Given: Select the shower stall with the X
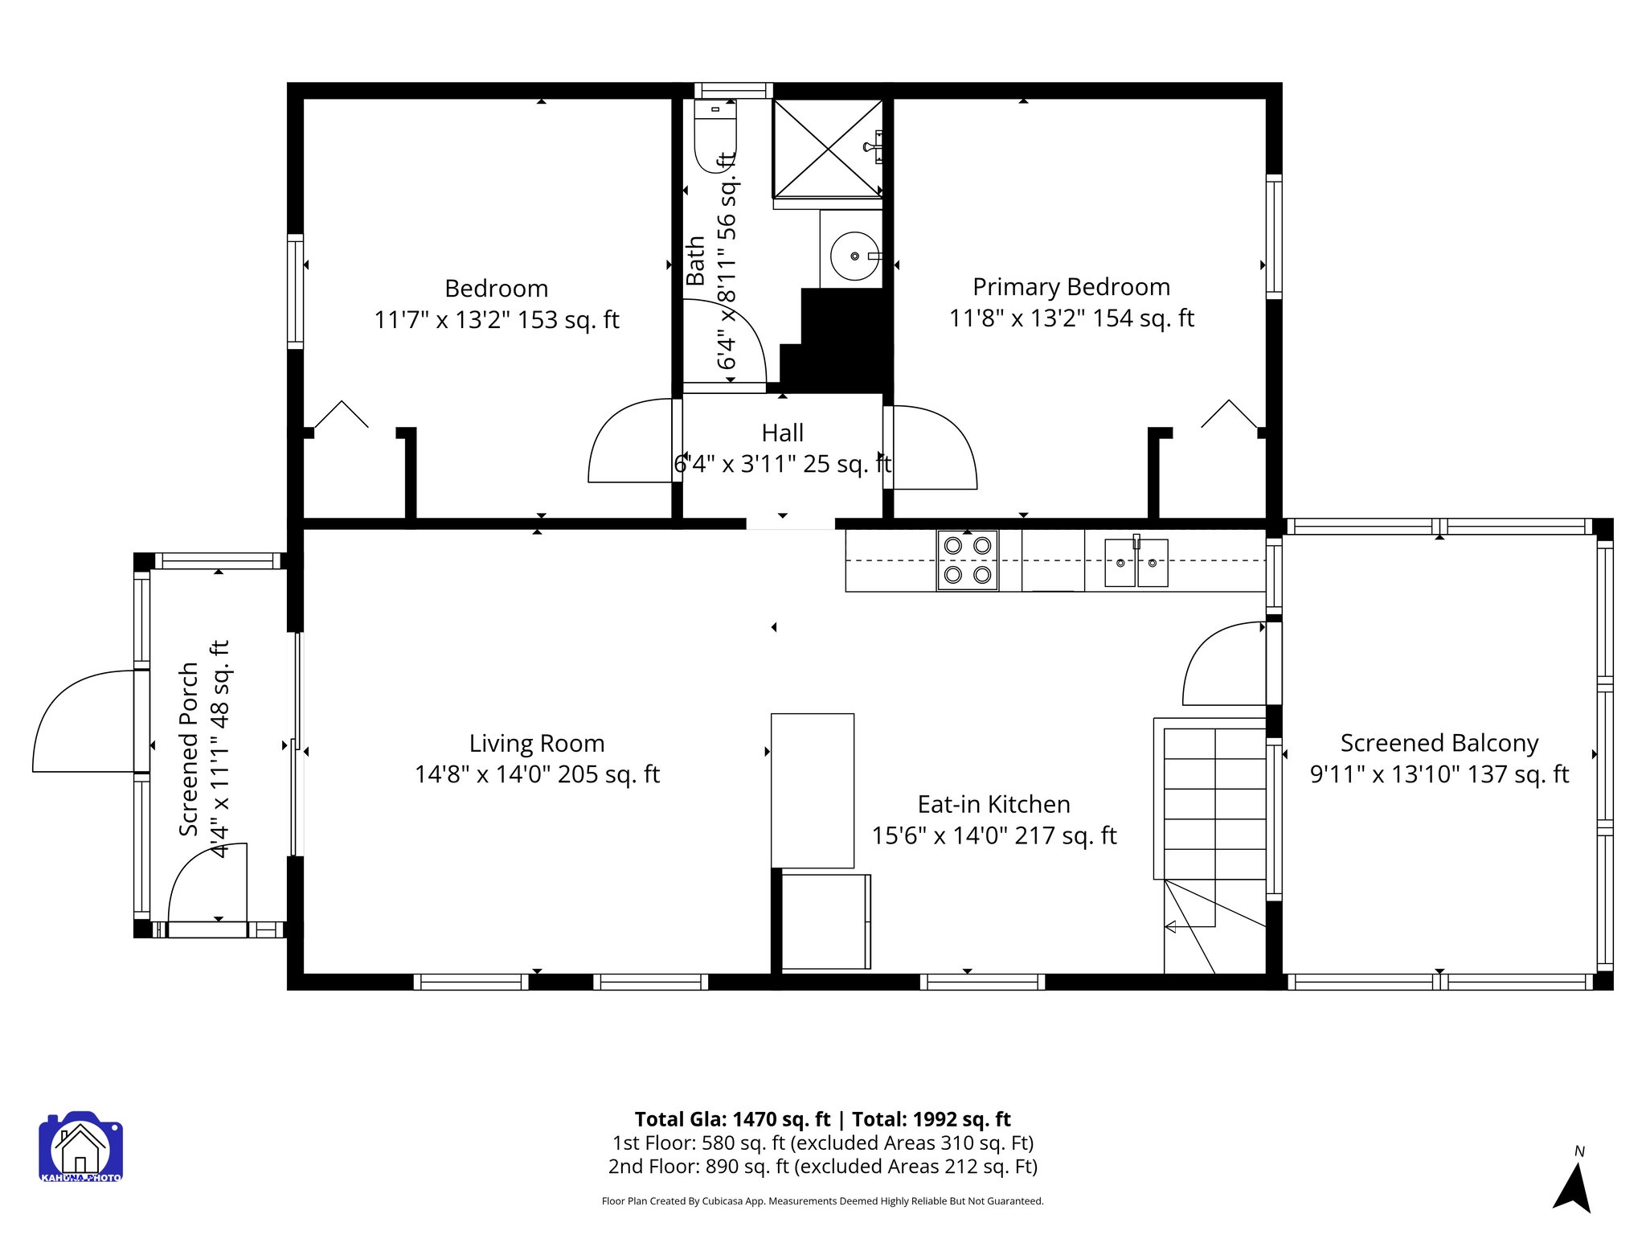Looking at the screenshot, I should coord(827,148).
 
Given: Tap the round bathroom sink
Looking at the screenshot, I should coord(854,256).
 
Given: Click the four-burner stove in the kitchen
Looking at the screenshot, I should coord(967,560).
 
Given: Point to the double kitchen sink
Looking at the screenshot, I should coord(1136,562).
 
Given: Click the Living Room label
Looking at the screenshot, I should coord(536,744).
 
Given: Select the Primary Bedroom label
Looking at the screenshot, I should coord(1071,287).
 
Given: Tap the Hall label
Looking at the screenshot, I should coord(782,433).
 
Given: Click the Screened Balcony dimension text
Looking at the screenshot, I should coord(1439,774).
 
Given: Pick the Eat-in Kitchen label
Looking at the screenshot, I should coord(993,805).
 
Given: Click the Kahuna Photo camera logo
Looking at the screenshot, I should coord(80,1147).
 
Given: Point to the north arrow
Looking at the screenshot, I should coord(1573,1187).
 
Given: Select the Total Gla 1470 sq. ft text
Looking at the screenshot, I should coord(732,1119).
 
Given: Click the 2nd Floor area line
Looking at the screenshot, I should coord(822,1167).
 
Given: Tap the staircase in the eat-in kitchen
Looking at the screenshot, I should coord(1214,804).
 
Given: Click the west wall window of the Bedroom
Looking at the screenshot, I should coord(296,291).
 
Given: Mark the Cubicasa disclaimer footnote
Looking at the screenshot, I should coord(822,1201).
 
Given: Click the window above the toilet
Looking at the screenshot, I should coord(733,90).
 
